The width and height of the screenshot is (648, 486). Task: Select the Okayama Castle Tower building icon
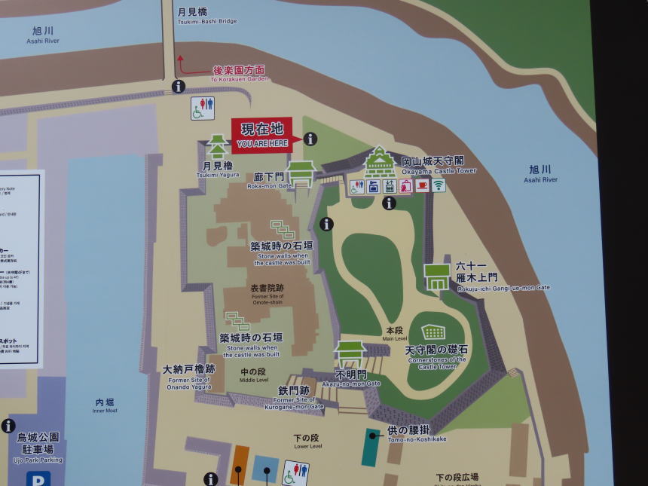pos(380,162)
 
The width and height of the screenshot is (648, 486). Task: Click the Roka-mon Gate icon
pos(301,173)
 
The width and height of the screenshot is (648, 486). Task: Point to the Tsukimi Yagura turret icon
pos(217,147)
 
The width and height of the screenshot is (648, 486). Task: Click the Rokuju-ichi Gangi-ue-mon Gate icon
pos(437,277)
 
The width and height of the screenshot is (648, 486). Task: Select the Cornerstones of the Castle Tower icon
pos(433,332)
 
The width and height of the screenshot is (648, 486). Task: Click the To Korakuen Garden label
pos(238,74)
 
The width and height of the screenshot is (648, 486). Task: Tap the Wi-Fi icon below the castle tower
pos(439,185)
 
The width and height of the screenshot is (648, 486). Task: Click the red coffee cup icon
pos(422,185)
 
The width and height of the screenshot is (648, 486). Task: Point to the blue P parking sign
pos(38,478)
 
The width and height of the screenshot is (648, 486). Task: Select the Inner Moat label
pos(105,406)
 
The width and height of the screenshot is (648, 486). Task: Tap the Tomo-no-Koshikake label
pos(417,433)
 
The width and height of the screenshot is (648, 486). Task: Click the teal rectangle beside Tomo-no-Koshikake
pos(371,448)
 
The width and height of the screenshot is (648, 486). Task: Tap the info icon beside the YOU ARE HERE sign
pos(310,139)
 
